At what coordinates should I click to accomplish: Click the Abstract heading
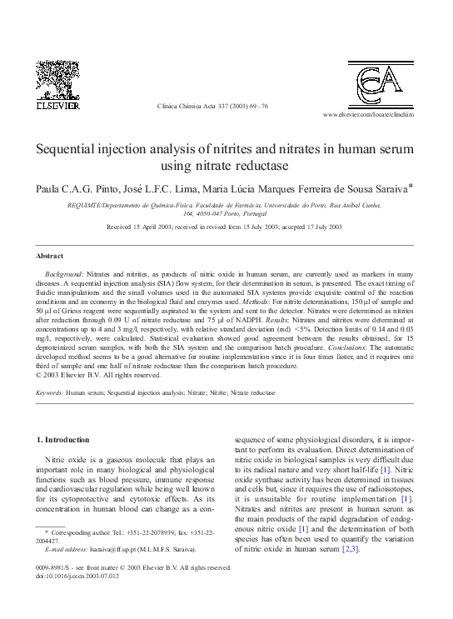click(52, 255)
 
